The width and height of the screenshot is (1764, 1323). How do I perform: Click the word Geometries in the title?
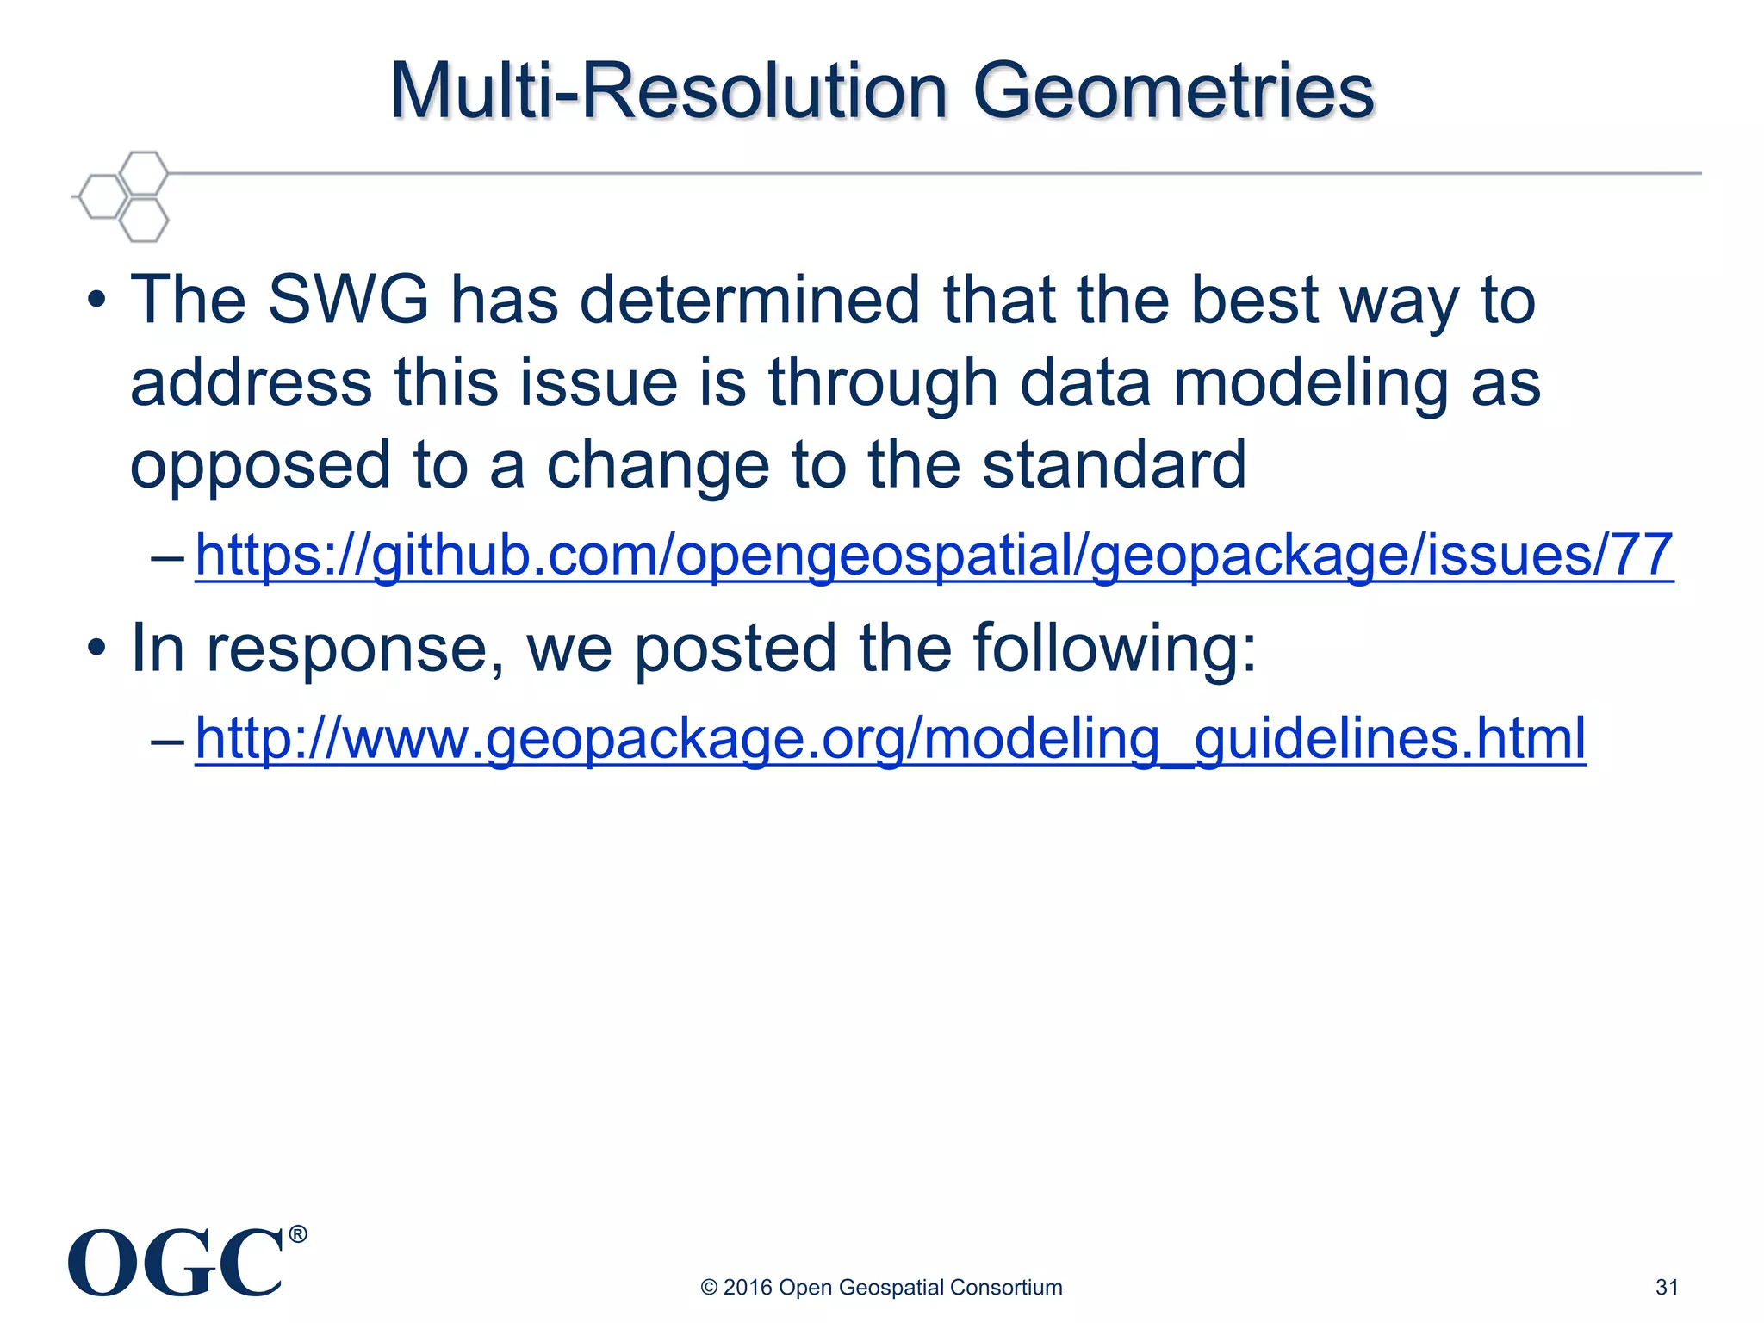coord(1173,92)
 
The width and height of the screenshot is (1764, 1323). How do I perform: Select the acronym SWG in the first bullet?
coord(348,301)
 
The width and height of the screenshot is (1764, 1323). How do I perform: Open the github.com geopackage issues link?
coord(934,556)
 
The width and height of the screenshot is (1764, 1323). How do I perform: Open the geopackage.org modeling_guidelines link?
coord(890,739)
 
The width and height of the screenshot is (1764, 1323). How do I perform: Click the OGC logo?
coord(177,1264)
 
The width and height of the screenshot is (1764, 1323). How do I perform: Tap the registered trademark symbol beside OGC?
coord(297,1234)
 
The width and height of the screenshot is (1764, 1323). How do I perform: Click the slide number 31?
coord(1667,1287)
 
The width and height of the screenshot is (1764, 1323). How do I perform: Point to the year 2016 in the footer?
coord(748,1287)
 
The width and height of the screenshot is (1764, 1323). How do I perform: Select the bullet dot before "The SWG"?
coord(96,301)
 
